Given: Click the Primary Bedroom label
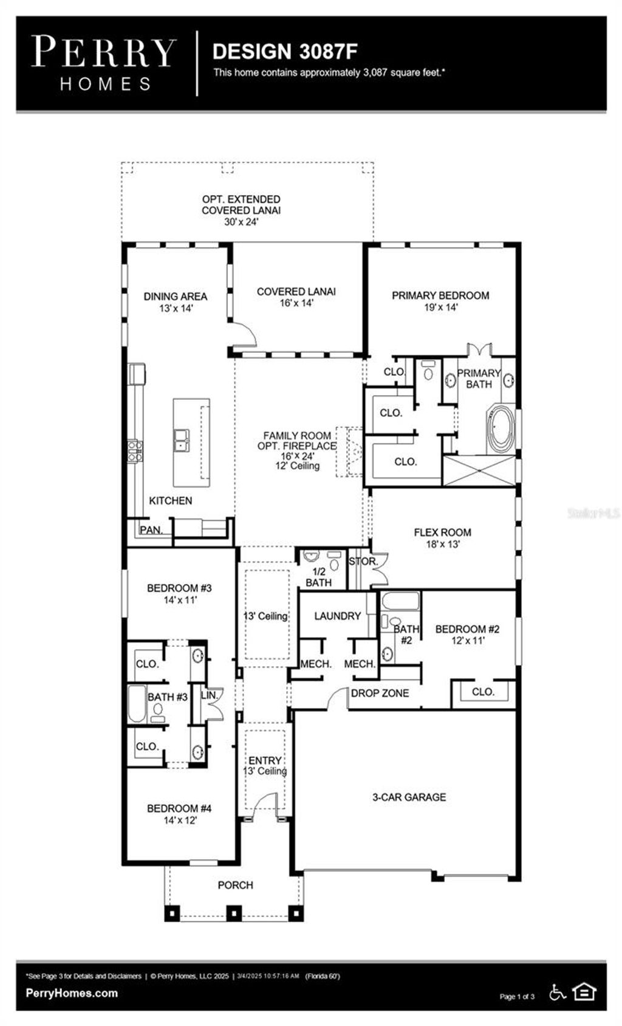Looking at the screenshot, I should tap(440, 296).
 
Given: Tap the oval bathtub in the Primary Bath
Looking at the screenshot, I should tap(501, 429).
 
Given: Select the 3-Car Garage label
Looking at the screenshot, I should tap(409, 797).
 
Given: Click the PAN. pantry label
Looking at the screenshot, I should tap(151, 530).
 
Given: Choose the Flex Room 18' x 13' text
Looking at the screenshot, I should tap(442, 538).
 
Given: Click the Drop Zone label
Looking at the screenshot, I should tap(380, 693).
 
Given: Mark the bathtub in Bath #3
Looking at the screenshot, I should tap(137, 704).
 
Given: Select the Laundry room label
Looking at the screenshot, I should tap(337, 616).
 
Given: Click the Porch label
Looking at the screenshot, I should tap(235, 885).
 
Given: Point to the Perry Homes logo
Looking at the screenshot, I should tap(104, 63).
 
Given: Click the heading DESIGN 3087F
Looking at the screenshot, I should tap(285, 52).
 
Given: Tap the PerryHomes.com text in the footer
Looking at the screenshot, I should tap(72, 993).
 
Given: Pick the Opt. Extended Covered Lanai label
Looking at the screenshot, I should tap(241, 210).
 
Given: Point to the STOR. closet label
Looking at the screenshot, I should tap(363, 562).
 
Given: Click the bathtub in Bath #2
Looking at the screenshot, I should tap(400, 602).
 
